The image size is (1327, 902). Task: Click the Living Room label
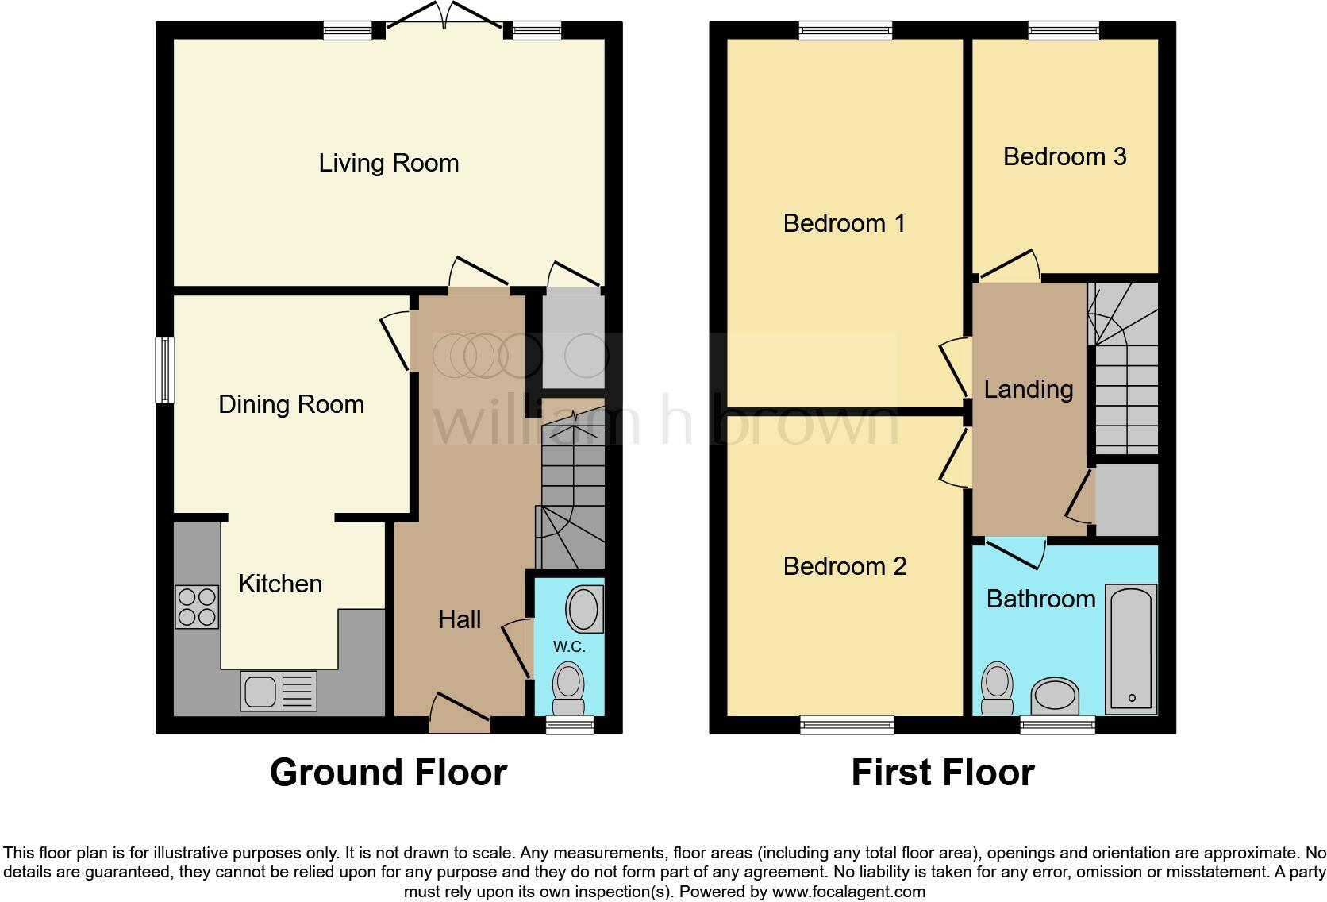(389, 163)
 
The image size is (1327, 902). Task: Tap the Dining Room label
(291, 404)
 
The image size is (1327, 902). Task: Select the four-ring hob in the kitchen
(197, 607)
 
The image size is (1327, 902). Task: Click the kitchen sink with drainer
(279, 691)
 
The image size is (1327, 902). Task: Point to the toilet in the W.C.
(569, 688)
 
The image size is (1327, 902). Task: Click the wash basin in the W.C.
(584, 609)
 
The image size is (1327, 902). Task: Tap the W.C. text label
(569, 646)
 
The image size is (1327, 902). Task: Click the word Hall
(460, 619)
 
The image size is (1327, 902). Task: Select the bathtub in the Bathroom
(1131, 649)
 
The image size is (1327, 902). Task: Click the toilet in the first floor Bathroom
(997, 688)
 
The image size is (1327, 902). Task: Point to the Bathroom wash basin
(1055, 697)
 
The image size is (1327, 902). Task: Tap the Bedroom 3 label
(1064, 156)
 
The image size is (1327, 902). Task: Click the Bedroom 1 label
(844, 223)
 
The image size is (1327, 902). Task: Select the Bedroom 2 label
(844, 566)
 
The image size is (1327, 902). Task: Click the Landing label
(1029, 389)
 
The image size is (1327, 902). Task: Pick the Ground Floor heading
(389, 773)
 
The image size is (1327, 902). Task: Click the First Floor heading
(943, 773)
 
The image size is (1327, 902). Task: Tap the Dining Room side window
(165, 370)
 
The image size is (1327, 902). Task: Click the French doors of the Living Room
(444, 15)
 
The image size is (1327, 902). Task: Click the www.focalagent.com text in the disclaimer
(848, 892)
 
